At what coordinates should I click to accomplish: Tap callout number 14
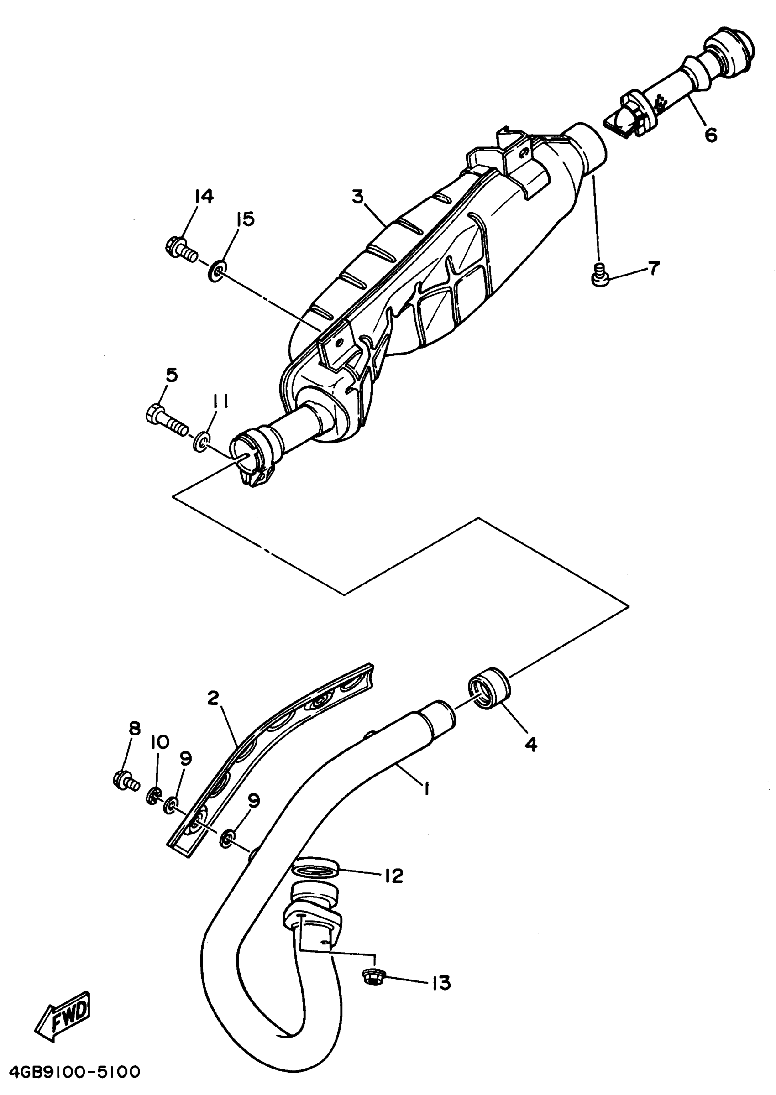point(204,196)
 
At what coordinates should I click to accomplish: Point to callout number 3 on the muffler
point(357,197)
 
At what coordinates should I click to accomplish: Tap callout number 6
point(711,135)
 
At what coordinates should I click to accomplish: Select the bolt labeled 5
point(165,417)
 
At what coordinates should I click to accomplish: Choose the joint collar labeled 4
point(489,689)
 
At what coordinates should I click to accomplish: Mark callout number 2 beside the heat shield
point(213,698)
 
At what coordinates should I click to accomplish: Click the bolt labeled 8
point(125,781)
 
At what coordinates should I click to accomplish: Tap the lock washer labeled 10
point(152,795)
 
